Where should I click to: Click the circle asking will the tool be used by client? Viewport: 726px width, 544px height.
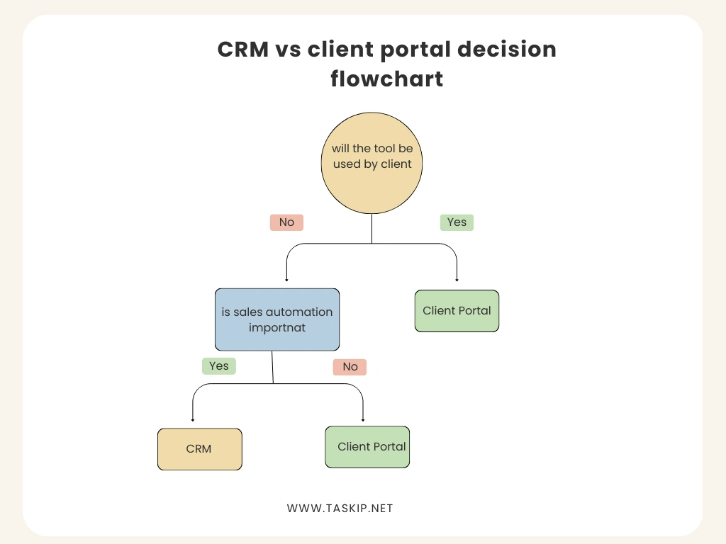coord(372,162)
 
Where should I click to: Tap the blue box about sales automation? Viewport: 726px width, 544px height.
coord(277,319)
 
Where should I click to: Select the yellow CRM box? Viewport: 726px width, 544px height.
coord(199,449)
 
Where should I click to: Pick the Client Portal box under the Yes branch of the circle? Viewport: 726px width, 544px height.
coord(457,311)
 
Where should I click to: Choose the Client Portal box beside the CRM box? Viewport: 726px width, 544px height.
coord(367,447)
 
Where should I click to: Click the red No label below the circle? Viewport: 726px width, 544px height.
coord(286,222)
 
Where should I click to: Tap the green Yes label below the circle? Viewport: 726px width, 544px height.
coord(457,222)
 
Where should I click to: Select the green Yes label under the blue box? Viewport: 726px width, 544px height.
coord(218,366)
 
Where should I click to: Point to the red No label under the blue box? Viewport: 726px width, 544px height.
coord(350,367)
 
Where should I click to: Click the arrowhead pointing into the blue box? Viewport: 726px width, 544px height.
coord(286,280)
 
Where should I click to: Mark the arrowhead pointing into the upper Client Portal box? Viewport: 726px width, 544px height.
coord(457,280)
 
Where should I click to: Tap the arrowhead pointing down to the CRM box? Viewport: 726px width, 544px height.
coord(193,420)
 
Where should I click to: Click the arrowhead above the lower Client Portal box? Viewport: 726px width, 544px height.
coord(363,420)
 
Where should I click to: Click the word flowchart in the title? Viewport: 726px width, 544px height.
coord(386,79)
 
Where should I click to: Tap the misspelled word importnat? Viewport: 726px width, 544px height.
coord(277,327)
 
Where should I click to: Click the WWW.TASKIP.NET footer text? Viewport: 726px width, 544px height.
coord(340,509)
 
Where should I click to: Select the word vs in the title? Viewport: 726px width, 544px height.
coord(289,50)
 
